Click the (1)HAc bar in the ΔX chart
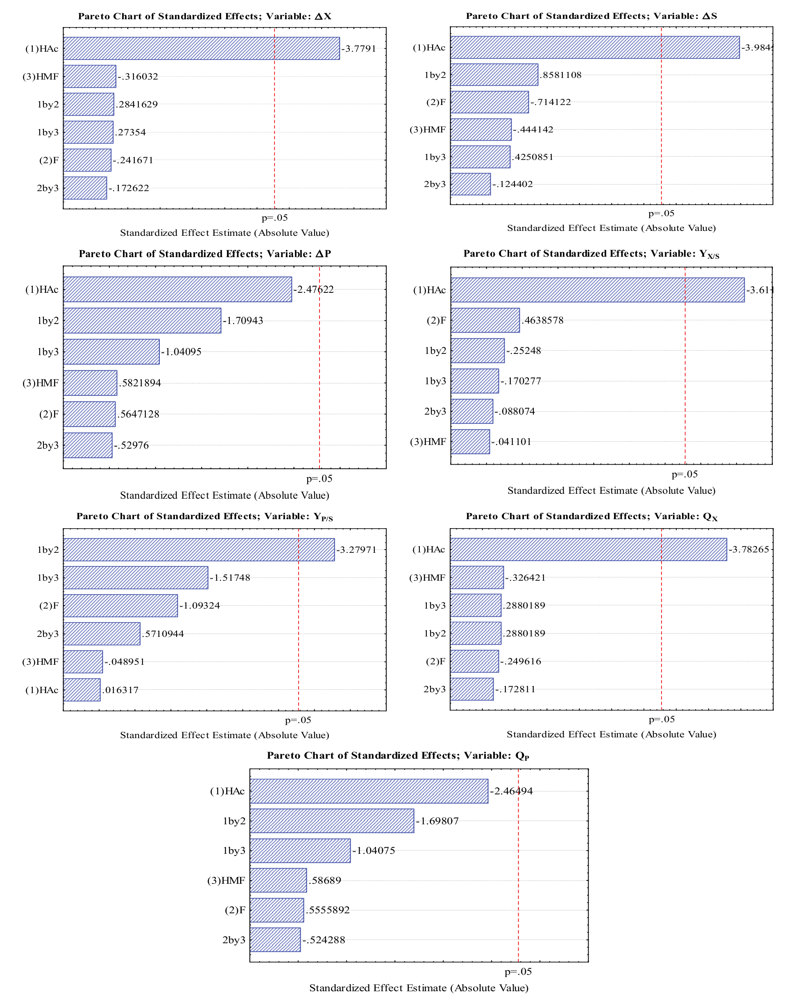[202, 49]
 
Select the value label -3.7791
[359, 49]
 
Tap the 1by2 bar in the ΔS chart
[494, 75]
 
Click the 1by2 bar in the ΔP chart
[142, 321]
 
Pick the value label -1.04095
[181, 352]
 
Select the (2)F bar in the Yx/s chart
[485, 320]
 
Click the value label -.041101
[511, 442]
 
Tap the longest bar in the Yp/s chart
[199, 550]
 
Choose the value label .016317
[120, 690]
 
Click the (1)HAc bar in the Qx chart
[588, 550]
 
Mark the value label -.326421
[525, 578]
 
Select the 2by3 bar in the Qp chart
[275, 940]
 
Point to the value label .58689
[325, 880]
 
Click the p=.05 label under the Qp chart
[518, 972]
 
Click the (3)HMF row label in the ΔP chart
[41, 383]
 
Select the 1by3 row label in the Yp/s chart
[48, 578]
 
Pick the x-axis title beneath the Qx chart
[611, 734]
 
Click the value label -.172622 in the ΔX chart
[129, 188]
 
